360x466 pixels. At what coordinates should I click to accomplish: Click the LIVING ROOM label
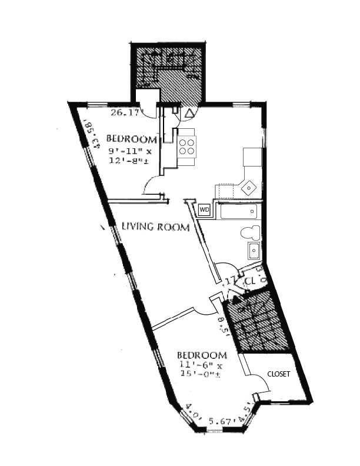pyautogui.click(x=155, y=227)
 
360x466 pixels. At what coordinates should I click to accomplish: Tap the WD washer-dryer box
pyautogui.click(x=205, y=209)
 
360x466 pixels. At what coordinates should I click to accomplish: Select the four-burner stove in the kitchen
pyautogui.click(x=187, y=145)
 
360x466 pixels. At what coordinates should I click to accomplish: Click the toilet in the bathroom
pyautogui.click(x=250, y=232)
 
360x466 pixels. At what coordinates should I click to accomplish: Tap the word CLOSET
pyautogui.click(x=278, y=374)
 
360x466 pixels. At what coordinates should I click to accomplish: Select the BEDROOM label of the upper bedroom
pyautogui.click(x=131, y=139)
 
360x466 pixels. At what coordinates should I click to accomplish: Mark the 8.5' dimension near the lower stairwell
pyautogui.click(x=221, y=324)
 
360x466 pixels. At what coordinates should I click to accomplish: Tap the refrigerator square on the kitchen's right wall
pyautogui.click(x=252, y=157)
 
